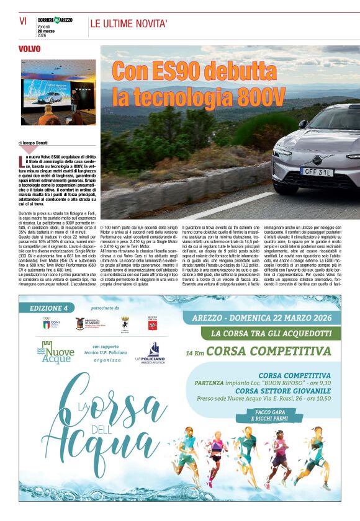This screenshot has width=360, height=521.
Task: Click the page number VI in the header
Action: [23, 21]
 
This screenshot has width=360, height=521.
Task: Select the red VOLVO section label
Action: [30, 49]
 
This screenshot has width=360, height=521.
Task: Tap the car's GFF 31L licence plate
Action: [317, 171]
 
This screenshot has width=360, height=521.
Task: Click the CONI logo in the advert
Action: [47, 323]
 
